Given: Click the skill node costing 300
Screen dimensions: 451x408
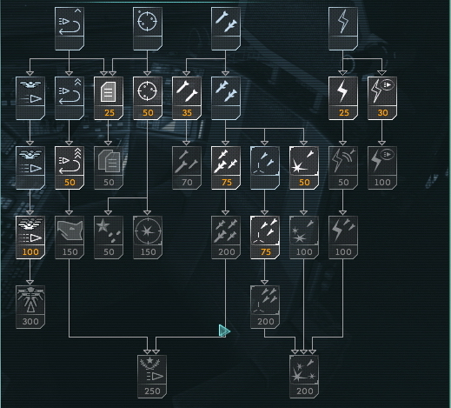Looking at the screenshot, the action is tap(30, 307).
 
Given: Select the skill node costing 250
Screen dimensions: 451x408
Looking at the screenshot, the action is tap(152, 377).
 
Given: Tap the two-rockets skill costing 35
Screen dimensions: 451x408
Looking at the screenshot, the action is tap(187, 98).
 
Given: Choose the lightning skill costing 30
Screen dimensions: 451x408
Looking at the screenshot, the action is tap(382, 98).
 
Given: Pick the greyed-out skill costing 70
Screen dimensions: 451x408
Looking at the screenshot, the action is tap(187, 168).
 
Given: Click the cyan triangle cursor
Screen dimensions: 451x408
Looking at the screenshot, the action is tap(224, 331).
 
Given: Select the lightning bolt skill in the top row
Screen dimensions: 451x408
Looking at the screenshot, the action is tap(343, 29).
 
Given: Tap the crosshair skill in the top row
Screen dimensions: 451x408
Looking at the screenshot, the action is tap(148, 29).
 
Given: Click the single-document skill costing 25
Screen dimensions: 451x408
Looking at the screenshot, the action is tap(109, 98).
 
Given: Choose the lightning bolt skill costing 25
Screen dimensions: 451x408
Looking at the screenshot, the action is tap(343, 98).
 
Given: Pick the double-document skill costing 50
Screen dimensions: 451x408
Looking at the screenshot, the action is tap(109, 168).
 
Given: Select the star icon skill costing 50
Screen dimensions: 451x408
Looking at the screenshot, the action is tap(109, 237).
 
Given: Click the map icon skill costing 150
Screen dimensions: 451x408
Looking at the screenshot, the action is tap(70, 237).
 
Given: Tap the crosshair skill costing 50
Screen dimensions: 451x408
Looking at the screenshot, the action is tap(148, 98).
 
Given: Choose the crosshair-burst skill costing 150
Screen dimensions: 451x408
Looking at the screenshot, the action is tap(148, 237).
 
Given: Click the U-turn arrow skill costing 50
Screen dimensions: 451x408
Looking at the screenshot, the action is tap(70, 168).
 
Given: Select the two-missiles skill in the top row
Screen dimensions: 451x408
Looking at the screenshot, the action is tap(226, 29).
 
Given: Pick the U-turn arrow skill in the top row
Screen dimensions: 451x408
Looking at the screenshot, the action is tap(70, 29).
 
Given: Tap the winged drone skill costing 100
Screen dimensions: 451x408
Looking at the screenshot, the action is tap(30, 237).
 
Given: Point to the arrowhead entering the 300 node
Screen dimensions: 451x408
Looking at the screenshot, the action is tap(30, 283).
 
